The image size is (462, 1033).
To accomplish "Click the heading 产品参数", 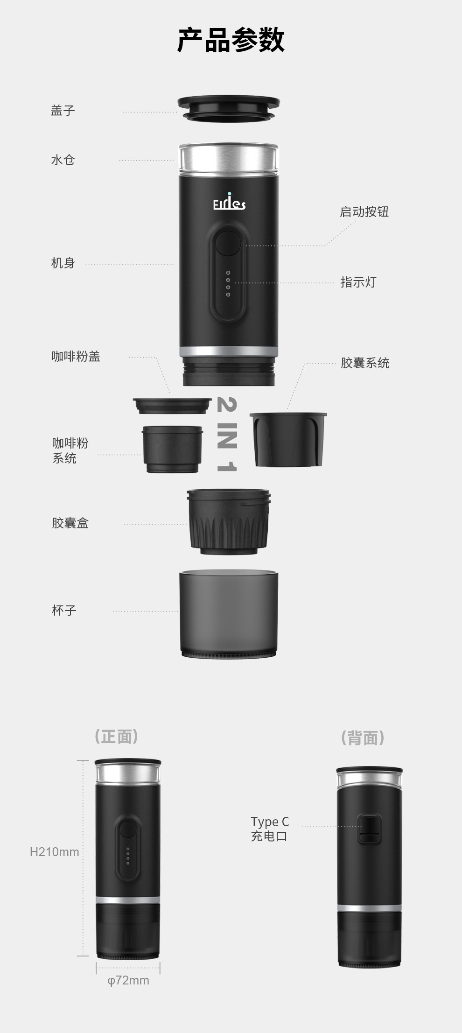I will pyautogui.click(x=231, y=40).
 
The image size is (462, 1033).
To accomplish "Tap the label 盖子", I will pyautogui.click(x=63, y=111).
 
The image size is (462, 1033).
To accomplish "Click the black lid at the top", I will pyautogui.click(x=228, y=108).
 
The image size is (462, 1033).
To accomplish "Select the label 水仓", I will pyautogui.click(x=63, y=160).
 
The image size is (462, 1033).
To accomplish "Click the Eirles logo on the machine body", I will pyautogui.click(x=229, y=203).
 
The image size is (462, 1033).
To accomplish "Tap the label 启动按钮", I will pyautogui.click(x=364, y=212).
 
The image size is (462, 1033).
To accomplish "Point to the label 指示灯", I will pyautogui.click(x=358, y=282).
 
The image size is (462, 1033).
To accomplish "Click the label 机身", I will pyautogui.click(x=63, y=263).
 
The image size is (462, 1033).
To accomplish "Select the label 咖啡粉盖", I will pyautogui.click(x=76, y=357).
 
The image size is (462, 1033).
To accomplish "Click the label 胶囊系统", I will pyautogui.click(x=365, y=363).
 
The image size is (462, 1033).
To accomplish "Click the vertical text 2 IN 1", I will pyautogui.click(x=227, y=434).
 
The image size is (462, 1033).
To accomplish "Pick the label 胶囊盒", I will pyautogui.click(x=70, y=523).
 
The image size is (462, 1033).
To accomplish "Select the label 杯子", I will pyautogui.click(x=64, y=610).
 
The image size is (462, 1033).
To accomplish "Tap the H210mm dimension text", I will pyautogui.click(x=54, y=852).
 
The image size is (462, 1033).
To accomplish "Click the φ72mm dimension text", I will pyautogui.click(x=128, y=980).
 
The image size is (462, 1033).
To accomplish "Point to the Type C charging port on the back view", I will pyautogui.click(x=369, y=829).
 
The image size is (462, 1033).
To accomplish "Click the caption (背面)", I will pyautogui.click(x=363, y=738).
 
